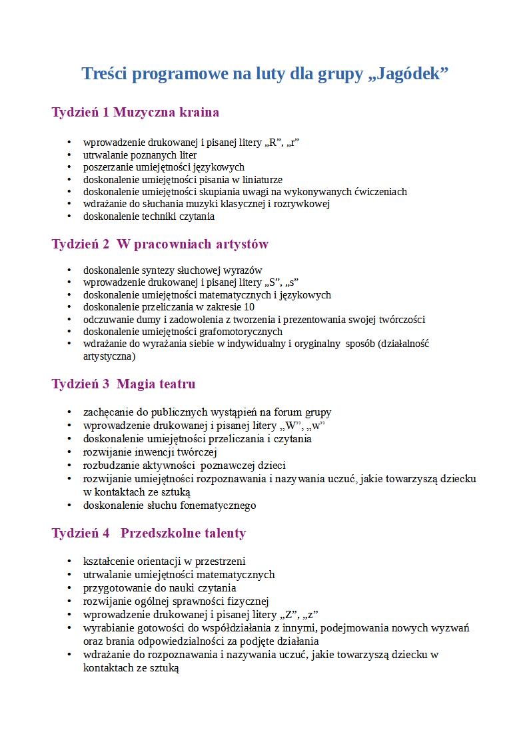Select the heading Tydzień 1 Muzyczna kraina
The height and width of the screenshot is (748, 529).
(135, 112)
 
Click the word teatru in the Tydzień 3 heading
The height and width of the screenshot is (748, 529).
(175, 384)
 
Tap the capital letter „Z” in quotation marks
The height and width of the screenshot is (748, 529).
(290, 615)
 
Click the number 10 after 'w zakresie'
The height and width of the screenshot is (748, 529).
(249, 307)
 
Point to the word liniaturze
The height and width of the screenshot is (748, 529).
(259, 180)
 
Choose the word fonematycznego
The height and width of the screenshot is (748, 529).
(218, 506)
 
